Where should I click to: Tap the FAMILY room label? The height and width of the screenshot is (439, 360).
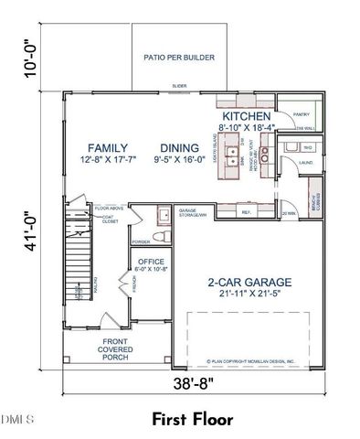click(107, 148)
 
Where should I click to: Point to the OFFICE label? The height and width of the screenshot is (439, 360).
click(151, 262)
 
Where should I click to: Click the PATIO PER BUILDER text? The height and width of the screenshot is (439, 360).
click(179, 58)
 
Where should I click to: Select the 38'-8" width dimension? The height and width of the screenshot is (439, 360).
click(191, 385)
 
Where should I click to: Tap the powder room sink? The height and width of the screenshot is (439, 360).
click(161, 216)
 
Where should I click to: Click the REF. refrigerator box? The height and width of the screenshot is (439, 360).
click(246, 213)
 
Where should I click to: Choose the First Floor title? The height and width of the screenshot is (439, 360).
click(192, 419)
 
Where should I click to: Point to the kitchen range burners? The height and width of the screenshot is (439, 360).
click(262, 154)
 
